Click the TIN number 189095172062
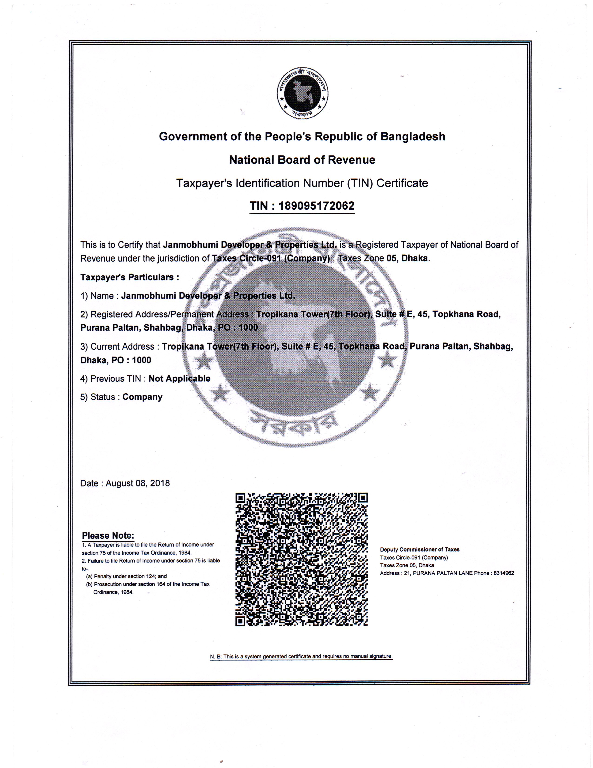(316, 206)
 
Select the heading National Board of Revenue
(302, 160)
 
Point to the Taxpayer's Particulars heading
(130, 277)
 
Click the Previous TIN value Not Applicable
(179, 378)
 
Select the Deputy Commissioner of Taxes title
(420, 549)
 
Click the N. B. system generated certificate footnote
(301, 656)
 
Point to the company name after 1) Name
(208, 296)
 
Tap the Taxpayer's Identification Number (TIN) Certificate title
(302, 183)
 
